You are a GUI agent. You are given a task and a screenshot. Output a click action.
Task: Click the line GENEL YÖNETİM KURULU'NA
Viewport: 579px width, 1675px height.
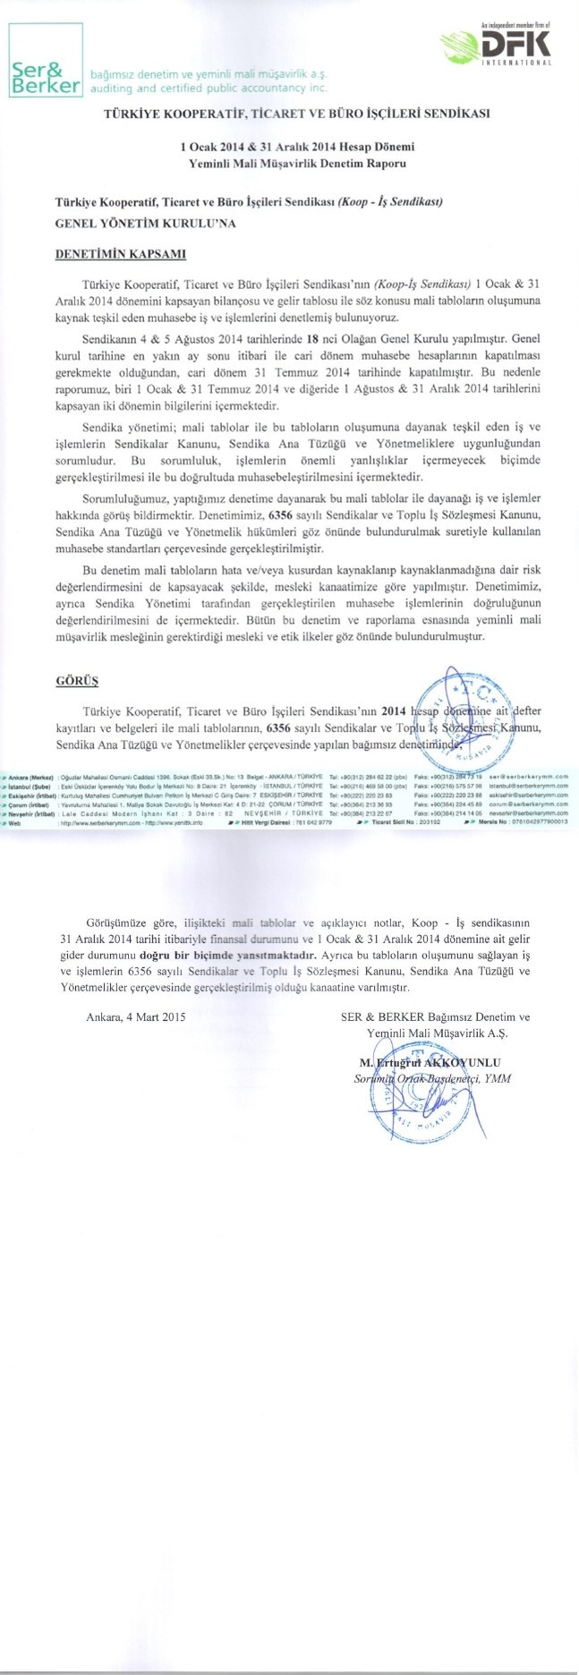(146, 224)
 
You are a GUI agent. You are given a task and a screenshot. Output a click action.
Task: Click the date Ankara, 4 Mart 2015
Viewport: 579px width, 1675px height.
(136, 1017)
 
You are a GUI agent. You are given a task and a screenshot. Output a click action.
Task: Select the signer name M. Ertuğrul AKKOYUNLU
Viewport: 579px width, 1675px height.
(430, 1062)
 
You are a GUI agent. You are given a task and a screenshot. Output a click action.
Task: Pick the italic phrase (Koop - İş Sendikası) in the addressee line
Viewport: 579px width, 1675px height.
(390, 202)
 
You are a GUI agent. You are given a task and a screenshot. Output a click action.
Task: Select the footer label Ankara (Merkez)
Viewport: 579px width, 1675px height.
(30, 777)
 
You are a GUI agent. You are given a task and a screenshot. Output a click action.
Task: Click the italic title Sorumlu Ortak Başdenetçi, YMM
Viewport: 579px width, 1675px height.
(432, 1078)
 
